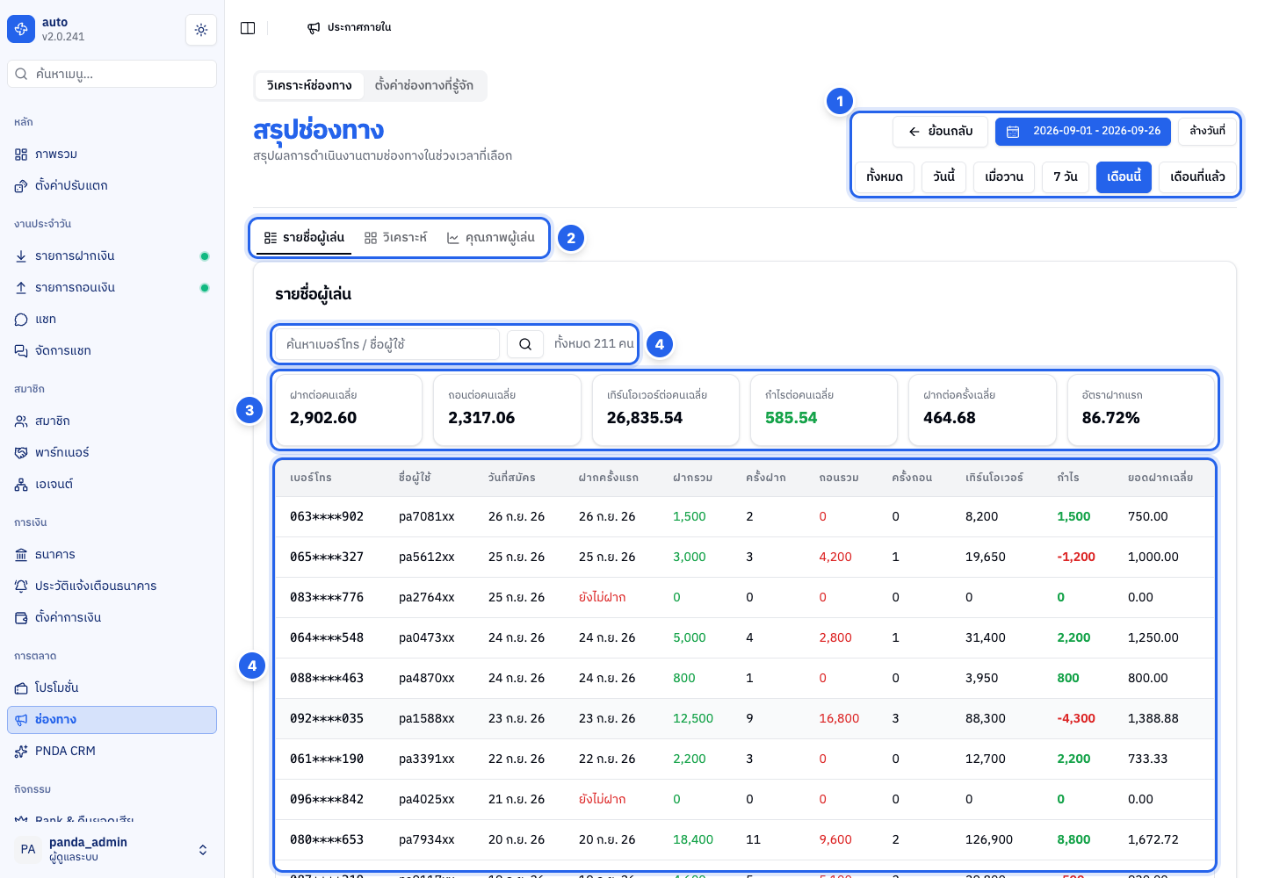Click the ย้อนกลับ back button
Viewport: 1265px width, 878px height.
click(x=940, y=132)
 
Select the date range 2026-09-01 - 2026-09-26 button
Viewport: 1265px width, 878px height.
click(x=1082, y=132)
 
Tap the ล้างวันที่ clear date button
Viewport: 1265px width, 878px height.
click(x=1207, y=131)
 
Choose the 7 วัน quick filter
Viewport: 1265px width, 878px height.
click(x=1065, y=177)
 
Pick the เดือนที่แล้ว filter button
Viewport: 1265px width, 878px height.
click(x=1197, y=177)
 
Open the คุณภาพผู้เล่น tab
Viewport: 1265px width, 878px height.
click(x=490, y=238)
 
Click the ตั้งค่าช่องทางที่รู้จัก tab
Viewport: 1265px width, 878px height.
click(x=423, y=86)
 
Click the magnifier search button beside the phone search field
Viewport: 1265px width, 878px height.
click(x=525, y=344)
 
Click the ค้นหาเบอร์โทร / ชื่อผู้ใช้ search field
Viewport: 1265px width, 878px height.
click(x=387, y=344)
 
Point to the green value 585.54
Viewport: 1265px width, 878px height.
click(x=791, y=418)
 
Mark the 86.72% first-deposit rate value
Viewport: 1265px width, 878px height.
click(x=1110, y=418)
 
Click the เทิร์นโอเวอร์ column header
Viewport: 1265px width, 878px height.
click(x=994, y=478)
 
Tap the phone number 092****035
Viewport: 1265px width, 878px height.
click(x=327, y=718)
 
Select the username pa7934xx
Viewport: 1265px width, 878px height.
click(x=426, y=839)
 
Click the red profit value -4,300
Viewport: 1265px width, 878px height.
click(x=1076, y=718)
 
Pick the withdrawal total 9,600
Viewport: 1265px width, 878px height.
click(x=835, y=839)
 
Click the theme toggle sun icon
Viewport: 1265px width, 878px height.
click(x=201, y=30)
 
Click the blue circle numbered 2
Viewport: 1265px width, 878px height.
click(x=571, y=239)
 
